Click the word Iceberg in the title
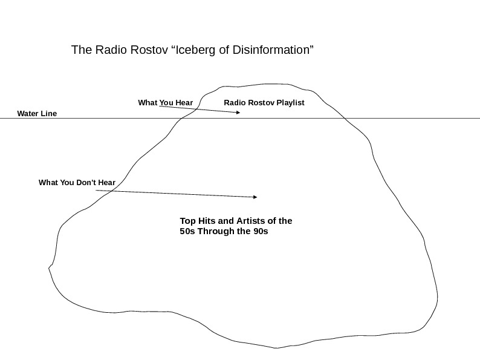coord(195,50)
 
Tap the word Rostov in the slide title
coord(148,50)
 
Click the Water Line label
coord(37,113)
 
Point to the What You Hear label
coord(165,103)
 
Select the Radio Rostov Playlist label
coord(264,103)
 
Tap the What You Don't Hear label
coord(77,182)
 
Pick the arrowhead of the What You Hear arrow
coord(238,113)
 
